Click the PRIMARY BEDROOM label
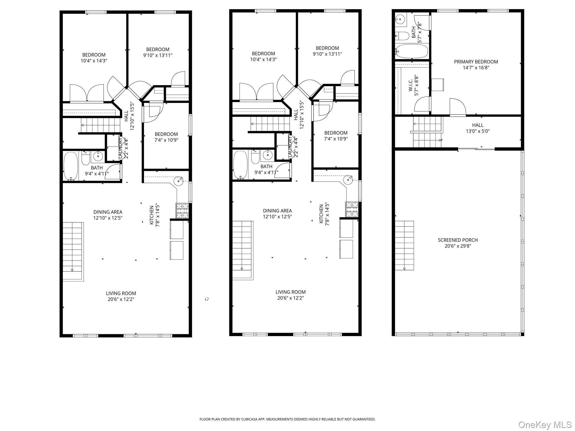476,62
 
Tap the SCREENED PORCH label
458,240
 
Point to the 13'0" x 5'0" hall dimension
478,131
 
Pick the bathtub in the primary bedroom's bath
412,51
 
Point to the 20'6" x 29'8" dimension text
458,246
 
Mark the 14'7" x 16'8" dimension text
476,68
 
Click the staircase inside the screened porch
404,246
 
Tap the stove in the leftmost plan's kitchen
182,211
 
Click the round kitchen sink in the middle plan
348,180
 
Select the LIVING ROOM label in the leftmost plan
121,293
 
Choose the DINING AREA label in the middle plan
277,211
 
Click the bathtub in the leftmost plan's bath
71,166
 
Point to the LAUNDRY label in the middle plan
290,146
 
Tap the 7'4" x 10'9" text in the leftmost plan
166,140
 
